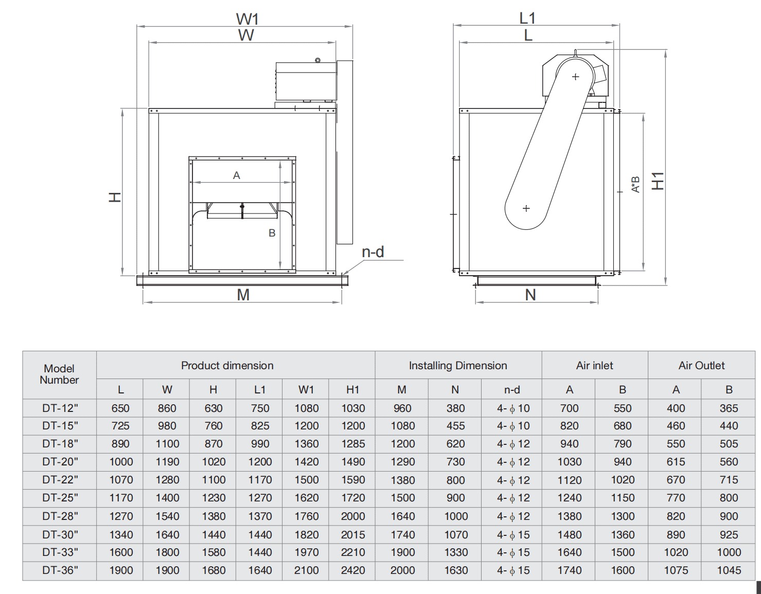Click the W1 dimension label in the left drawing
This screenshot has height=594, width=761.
tap(247, 19)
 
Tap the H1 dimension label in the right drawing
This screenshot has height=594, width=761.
tap(658, 181)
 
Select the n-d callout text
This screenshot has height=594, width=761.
tap(373, 251)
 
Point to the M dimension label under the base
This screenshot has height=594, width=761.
tap(243, 295)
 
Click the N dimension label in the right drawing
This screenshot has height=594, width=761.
tap(530, 295)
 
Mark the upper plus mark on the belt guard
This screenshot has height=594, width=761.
tap(575, 77)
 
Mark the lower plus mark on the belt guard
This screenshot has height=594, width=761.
tap(526, 208)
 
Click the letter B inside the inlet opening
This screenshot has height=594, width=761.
tap(272, 233)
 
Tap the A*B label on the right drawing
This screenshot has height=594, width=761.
tap(636, 184)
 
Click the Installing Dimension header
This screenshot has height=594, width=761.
tap(457, 366)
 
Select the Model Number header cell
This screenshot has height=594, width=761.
tap(59, 374)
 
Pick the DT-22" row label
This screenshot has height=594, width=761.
tap(60, 480)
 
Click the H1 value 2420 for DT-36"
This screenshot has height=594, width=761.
tap(352, 570)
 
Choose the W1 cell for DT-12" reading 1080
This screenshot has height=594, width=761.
tap(306, 408)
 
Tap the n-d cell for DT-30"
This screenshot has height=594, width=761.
tap(512, 535)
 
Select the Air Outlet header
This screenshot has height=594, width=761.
tap(701, 366)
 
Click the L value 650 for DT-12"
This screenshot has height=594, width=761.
tap(120, 408)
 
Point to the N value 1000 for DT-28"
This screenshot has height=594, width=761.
tap(455, 516)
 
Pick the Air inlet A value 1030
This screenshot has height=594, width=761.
tap(569, 462)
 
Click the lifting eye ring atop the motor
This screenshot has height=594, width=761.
tap(318, 60)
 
